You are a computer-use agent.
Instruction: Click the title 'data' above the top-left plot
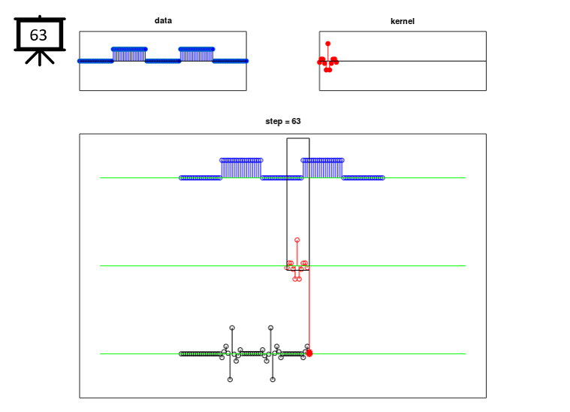pos(163,20)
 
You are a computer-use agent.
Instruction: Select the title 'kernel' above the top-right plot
pos(403,21)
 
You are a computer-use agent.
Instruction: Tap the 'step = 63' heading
pos(283,121)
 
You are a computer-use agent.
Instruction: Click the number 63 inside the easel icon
pos(38,35)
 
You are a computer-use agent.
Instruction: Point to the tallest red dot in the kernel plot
pos(328,44)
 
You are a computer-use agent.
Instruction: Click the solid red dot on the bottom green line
pos(309,353)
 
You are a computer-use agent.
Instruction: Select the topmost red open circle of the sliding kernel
pos(297,240)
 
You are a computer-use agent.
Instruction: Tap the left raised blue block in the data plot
pos(129,55)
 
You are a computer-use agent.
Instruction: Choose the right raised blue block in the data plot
pos(196,55)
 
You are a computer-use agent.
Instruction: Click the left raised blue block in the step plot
pos(241,168)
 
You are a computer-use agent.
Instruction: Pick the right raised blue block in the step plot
pos(322,168)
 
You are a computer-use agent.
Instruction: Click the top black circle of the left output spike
pos(232,328)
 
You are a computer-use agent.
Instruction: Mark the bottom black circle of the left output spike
pos(230,380)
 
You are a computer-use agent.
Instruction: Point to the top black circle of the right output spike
pos(270,328)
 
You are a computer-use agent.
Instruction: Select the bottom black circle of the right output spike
pos(273,380)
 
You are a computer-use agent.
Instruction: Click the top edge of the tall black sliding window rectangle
pos(298,138)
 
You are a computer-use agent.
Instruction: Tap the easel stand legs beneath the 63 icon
pos(40,58)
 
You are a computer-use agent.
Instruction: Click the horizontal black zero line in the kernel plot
pos(403,61)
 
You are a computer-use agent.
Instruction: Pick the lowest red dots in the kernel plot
pos(328,69)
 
